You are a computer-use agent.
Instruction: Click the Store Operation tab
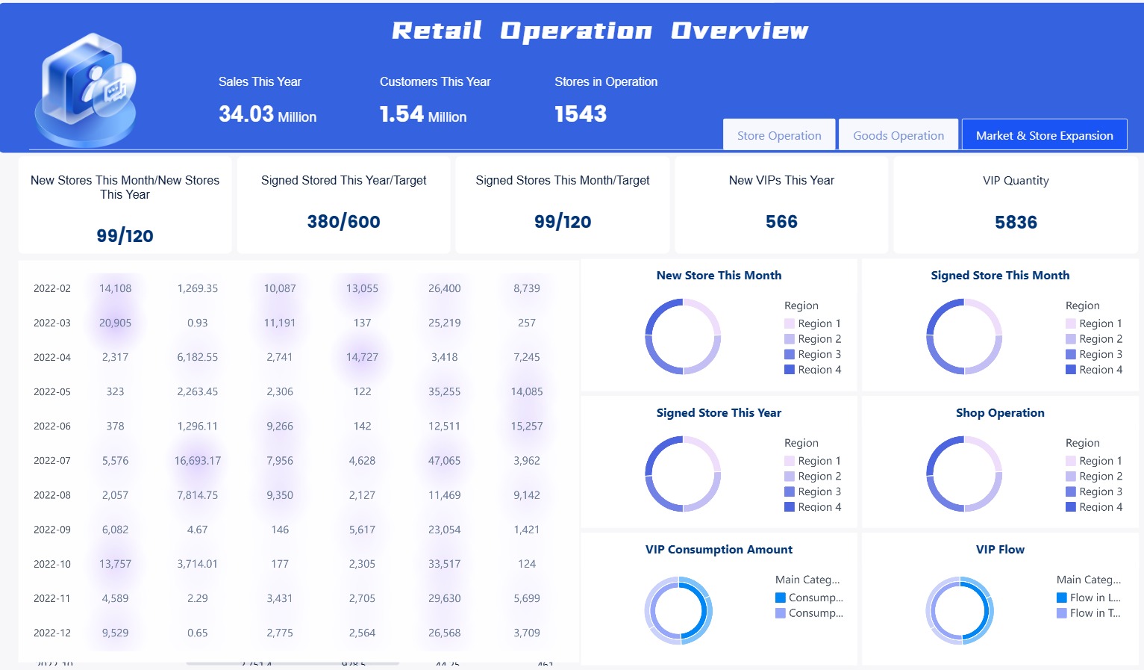tap(779, 135)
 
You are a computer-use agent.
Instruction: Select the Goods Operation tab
tap(898, 135)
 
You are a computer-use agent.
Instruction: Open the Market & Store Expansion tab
tap(1044, 135)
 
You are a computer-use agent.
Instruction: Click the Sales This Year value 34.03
tap(247, 114)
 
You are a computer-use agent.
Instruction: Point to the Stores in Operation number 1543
tap(581, 114)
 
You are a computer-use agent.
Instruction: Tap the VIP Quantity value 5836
tap(1016, 223)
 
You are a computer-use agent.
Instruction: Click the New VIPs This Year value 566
tap(781, 222)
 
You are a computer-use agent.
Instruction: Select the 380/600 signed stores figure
tap(343, 222)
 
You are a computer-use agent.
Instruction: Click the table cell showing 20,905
tap(115, 323)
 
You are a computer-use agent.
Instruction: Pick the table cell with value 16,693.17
tap(198, 461)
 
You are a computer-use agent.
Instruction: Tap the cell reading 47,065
tap(444, 461)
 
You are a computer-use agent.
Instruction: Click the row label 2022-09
tap(52, 530)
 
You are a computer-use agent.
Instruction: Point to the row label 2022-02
tap(52, 288)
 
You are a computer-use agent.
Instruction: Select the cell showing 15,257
tap(527, 426)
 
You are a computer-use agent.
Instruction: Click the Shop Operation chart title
tap(1000, 413)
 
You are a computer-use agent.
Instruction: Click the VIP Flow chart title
tap(1000, 550)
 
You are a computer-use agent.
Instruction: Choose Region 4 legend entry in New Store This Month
tap(813, 370)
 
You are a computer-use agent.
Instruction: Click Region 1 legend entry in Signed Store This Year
tap(813, 461)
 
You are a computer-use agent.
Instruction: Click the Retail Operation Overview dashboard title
tap(600, 31)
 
